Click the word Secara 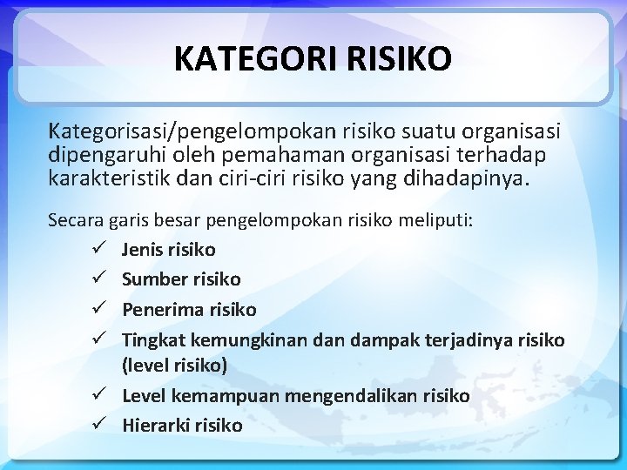[75, 220]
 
